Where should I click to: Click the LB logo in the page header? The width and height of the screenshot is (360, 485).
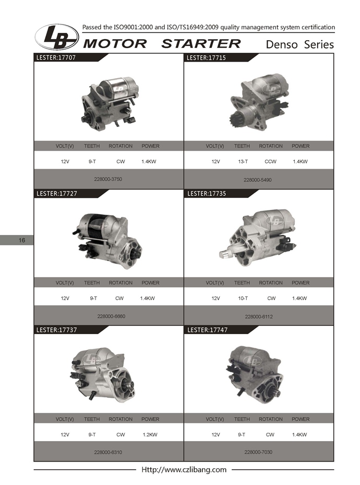click(x=57, y=37)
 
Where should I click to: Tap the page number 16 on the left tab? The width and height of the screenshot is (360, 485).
click(x=21, y=240)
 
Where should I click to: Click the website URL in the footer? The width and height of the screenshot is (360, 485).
click(x=184, y=469)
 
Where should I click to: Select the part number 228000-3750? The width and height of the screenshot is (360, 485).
click(x=108, y=179)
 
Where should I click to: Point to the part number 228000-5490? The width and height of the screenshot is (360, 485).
click(x=257, y=180)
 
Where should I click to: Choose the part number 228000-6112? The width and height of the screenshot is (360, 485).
click(x=259, y=316)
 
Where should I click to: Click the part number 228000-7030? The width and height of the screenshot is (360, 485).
click(x=258, y=452)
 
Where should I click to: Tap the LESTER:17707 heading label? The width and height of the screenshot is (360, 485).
click(x=56, y=57)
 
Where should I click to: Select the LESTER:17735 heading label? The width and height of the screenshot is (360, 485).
click(x=207, y=194)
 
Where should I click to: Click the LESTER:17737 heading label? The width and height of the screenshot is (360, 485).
click(x=56, y=330)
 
